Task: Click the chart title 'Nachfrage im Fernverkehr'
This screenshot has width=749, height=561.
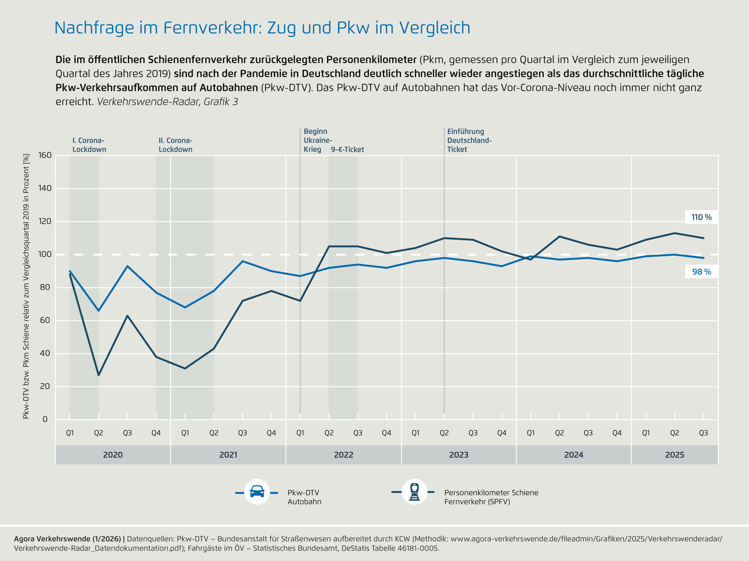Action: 262,28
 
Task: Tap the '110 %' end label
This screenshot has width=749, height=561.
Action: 701,217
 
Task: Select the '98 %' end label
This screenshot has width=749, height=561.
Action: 701,272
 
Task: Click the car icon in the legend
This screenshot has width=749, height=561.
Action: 257,492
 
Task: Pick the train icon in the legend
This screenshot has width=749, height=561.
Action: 414,492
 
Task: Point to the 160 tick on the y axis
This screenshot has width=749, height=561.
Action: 45,155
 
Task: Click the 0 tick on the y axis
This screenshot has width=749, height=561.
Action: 45,419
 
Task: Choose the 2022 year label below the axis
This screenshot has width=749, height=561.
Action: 343,455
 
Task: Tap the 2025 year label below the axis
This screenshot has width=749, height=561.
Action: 674,455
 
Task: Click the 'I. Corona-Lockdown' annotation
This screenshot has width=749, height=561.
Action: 89,145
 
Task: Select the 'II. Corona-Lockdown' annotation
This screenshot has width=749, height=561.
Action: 175,145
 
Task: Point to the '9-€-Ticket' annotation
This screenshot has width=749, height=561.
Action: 347,150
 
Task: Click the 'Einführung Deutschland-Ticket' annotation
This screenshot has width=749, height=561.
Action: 469,140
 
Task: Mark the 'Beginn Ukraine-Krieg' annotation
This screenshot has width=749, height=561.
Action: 317,140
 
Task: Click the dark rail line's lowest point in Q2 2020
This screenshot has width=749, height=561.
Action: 99,375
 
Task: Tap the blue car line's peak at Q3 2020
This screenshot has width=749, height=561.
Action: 127,266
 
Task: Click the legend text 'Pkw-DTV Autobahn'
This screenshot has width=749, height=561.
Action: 304,497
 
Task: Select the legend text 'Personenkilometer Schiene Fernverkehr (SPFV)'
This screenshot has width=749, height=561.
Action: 491,497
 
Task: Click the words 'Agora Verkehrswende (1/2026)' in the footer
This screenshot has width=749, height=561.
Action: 67,539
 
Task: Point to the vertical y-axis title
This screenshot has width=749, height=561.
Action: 26,287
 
